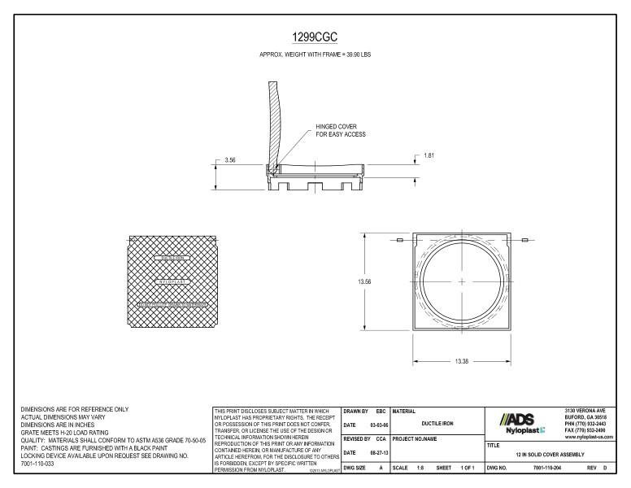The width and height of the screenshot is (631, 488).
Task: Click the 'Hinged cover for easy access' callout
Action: coord(342,131)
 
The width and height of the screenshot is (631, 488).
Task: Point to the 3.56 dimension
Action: coord(231,160)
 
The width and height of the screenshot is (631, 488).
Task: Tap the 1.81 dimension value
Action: coord(429,155)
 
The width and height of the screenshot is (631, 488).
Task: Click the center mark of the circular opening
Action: coord(462,281)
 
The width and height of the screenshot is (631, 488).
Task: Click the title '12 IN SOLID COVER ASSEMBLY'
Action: coord(550,455)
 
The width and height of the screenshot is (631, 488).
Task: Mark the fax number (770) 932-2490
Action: coord(585,431)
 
